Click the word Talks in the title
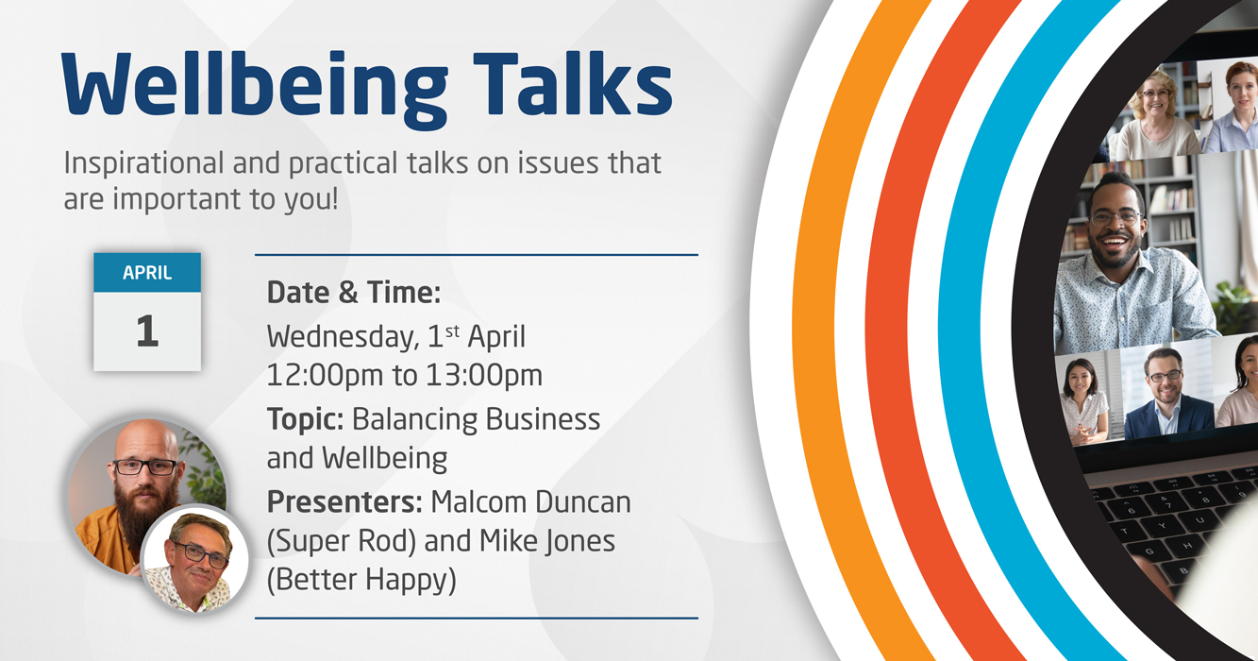[573, 83]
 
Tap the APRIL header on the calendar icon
[147, 273]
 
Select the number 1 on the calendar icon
[147, 330]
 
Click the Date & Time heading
[354, 293]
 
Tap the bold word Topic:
[306, 420]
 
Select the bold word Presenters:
[344, 502]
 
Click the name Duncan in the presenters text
[582, 502]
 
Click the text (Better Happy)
[361, 580]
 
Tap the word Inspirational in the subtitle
[143, 164]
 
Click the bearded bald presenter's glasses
[145, 467]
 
